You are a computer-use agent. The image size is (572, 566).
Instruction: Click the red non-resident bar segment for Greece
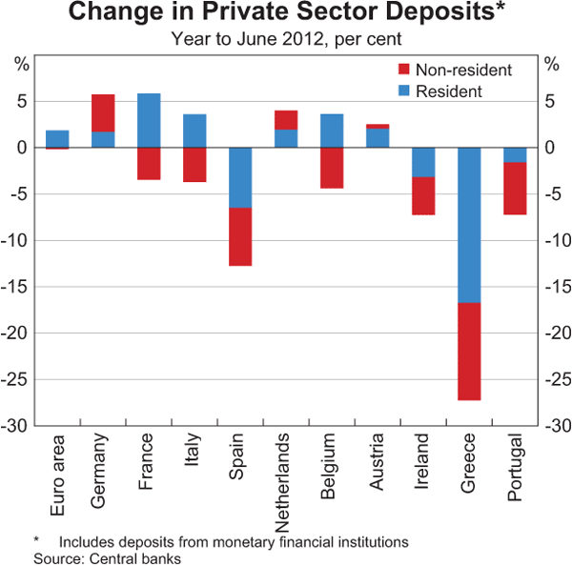(469, 351)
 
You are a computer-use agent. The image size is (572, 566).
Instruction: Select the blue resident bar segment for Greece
(469, 225)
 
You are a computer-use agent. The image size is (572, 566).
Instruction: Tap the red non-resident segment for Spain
(240, 236)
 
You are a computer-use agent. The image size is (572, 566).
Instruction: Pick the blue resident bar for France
(149, 120)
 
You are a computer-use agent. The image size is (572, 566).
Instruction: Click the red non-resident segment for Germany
(103, 112)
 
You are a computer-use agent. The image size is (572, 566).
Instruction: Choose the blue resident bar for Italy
(194, 131)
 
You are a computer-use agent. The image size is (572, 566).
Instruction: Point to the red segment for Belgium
(332, 168)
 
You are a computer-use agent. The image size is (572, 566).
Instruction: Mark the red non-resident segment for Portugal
(515, 189)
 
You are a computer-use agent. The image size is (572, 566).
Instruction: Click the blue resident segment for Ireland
(423, 162)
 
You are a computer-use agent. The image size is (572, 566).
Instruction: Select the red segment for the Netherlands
(286, 119)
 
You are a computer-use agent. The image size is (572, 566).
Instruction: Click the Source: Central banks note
(107, 557)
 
